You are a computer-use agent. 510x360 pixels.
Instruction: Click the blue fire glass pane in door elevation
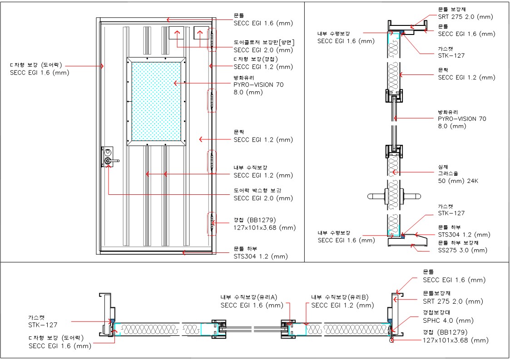click(156, 102)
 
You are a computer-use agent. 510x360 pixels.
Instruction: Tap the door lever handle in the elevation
click(113, 161)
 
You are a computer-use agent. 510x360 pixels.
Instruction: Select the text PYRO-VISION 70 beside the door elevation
click(258, 85)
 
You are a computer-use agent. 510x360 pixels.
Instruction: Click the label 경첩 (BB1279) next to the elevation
click(255, 220)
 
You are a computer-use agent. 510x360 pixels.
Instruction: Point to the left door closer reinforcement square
click(176, 33)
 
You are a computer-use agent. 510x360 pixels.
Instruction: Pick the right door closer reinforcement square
click(201, 33)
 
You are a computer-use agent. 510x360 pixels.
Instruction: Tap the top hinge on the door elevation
click(212, 39)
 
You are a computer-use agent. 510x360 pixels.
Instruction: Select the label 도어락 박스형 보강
click(257, 191)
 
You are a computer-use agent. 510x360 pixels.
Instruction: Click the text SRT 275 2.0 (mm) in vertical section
click(465, 17)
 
